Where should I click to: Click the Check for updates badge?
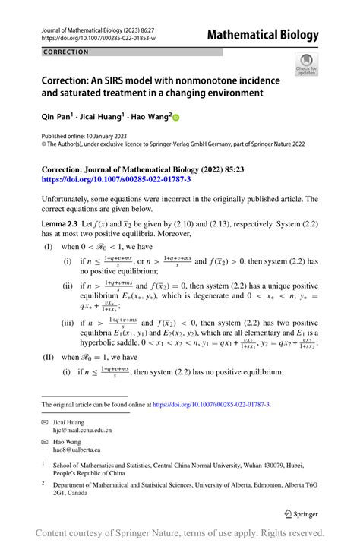click(305, 66)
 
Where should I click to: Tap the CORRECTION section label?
click(66, 52)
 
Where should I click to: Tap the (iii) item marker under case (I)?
click(69, 321)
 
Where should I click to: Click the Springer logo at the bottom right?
click(300, 514)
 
